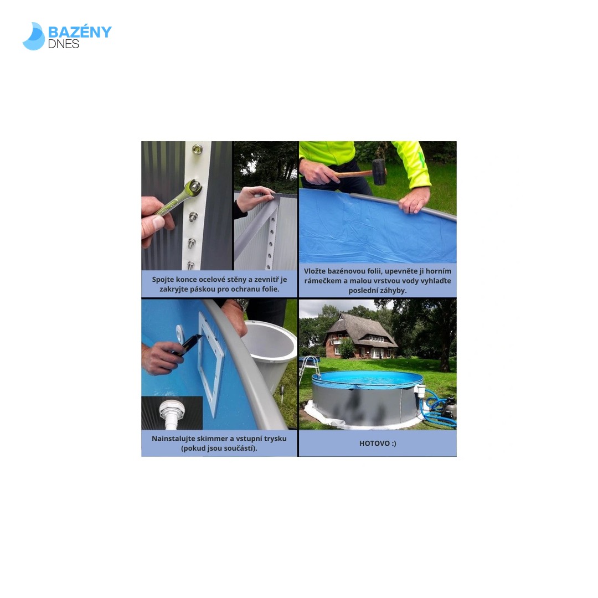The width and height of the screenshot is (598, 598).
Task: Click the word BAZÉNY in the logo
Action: pyautogui.click(x=80, y=32)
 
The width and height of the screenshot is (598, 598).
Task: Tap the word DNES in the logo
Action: pyautogui.click(x=63, y=44)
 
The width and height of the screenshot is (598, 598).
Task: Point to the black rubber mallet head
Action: pyautogui.click(x=379, y=172)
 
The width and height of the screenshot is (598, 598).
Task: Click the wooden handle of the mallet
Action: pyautogui.click(x=353, y=174)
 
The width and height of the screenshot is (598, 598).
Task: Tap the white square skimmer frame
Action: pyautogui.click(x=210, y=363)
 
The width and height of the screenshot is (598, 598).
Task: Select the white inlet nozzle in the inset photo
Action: pyautogui.click(x=171, y=414)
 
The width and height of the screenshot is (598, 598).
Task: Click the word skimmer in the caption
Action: pyautogui.click(x=213, y=439)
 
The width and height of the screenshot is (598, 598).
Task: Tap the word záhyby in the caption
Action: pyautogui.click(x=394, y=291)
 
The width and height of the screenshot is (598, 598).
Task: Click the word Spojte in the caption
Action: pyautogui.click(x=163, y=280)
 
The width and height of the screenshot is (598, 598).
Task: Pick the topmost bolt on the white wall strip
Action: pyautogui.click(x=197, y=149)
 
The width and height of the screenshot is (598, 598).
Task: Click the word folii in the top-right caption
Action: pyautogui.click(x=373, y=271)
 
